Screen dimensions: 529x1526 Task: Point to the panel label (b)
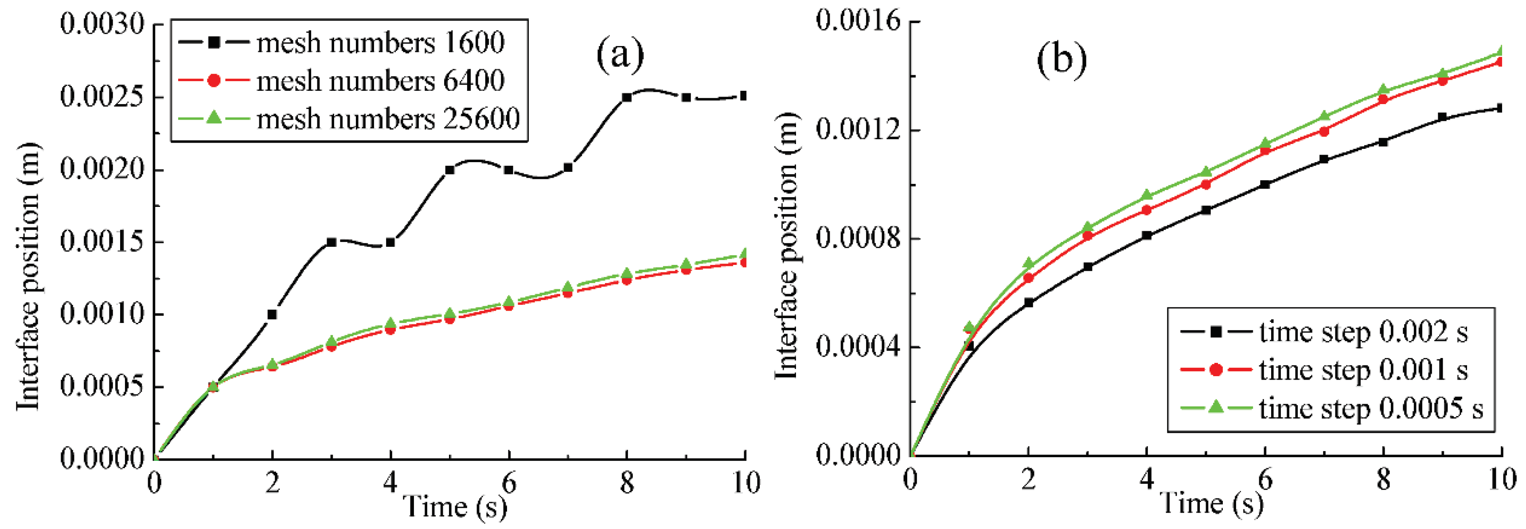pyautogui.click(x=1062, y=60)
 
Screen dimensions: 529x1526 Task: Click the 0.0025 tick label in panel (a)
pyautogui.click(x=102, y=97)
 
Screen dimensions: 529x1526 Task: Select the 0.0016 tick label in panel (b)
pyautogui.click(x=858, y=21)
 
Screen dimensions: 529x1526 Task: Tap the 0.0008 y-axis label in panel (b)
pyautogui.click(x=858, y=238)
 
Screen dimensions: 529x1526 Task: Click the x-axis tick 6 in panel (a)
pyautogui.click(x=509, y=484)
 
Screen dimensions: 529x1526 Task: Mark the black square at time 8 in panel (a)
pyautogui.click(x=627, y=97)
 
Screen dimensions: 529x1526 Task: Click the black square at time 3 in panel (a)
pyautogui.click(x=331, y=242)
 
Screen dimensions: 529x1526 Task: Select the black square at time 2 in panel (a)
pyautogui.click(x=272, y=315)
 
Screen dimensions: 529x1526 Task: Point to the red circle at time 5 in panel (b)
pyautogui.click(x=1206, y=184)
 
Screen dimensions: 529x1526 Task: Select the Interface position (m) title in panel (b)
pyautogui.click(x=787, y=246)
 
